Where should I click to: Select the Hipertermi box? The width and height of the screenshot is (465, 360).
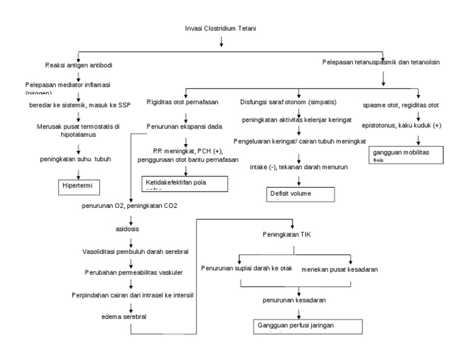tap(78, 185)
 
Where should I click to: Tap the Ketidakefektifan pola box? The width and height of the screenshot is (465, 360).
tap(184, 183)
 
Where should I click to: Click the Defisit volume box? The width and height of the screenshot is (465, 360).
tap(300, 195)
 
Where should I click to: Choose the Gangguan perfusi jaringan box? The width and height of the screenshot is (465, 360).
tap(307, 327)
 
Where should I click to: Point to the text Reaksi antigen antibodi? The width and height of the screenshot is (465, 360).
tap(78, 65)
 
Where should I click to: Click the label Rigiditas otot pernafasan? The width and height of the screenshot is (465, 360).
tap(183, 102)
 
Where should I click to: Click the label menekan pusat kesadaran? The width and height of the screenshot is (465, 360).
tap(343, 269)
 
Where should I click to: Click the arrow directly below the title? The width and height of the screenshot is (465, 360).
tap(221, 41)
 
